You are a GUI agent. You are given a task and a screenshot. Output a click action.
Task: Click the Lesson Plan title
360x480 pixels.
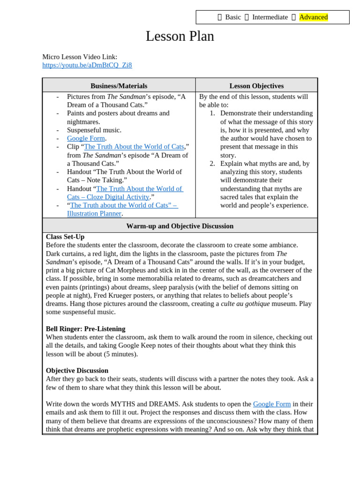tap(180, 37)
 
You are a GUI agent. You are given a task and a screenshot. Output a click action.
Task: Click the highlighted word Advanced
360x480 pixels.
tap(313, 17)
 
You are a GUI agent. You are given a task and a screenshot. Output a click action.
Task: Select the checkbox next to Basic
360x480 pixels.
tap(220, 17)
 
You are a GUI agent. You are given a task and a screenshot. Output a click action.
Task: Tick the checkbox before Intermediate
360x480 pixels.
tap(247, 17)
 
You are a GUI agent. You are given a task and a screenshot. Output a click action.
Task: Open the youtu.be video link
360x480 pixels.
tap(87, 65)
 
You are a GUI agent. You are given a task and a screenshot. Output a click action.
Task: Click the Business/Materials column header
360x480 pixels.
tap(119, 86)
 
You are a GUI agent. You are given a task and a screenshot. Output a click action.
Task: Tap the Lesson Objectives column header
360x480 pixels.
tap(256, 86)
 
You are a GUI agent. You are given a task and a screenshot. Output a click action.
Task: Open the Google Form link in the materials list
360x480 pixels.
tap(86, 138)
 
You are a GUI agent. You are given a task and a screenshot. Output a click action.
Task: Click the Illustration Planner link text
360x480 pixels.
tap(94, 214)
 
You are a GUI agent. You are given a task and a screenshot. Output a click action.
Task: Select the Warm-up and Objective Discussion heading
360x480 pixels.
tap(180, 226)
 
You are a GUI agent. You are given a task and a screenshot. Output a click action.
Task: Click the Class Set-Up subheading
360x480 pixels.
tap(65, 237)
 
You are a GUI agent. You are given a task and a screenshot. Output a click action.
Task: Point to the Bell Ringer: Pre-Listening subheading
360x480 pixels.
tap(85, 329)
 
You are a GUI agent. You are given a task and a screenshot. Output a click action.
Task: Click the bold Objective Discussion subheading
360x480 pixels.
tap(77, 371)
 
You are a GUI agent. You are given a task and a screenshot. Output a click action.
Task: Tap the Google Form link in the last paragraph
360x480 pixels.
tap(271, 404)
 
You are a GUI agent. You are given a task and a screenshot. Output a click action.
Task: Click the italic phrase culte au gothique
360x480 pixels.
tap(246, 304)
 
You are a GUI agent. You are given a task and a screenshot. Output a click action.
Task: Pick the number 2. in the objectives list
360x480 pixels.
tap(212, 164)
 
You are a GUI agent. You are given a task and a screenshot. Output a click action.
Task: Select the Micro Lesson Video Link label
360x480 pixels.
tap(80, 57)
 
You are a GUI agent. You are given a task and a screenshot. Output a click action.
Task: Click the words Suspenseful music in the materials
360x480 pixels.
tap(94, 130)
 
